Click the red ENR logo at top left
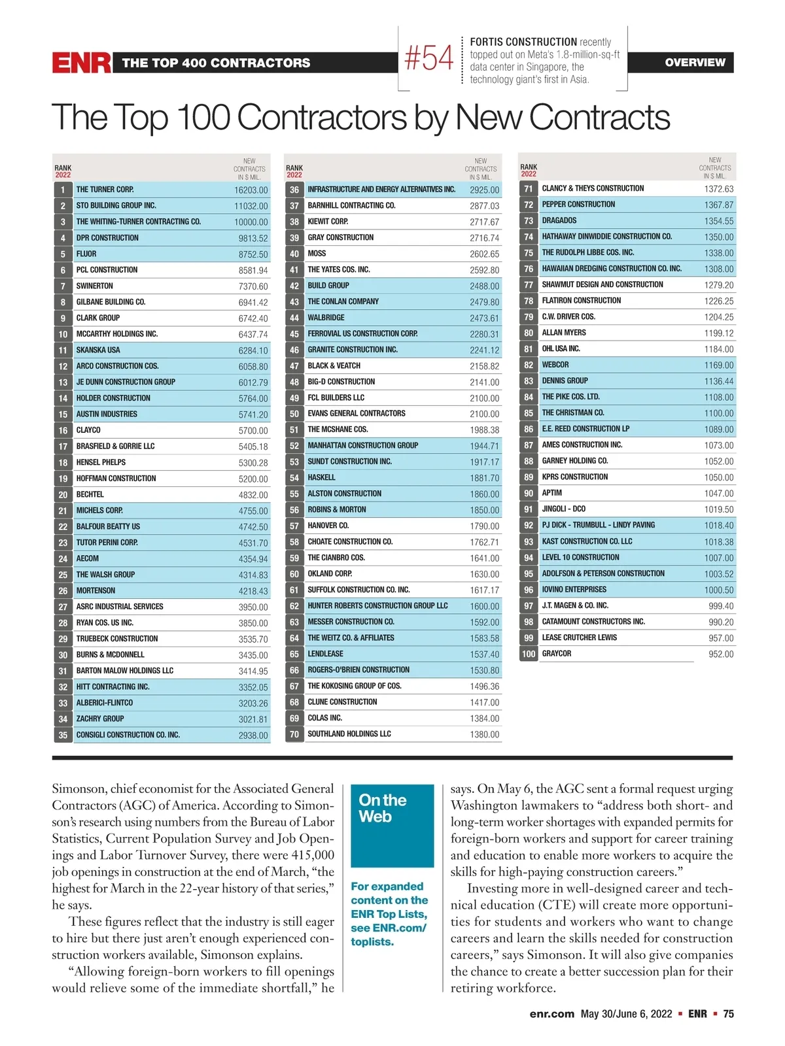click(x=82, y=63)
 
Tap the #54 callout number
click(x=429, y=58)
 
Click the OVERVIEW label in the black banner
click(x=695, y=63)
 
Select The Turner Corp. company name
click(x=105, y=190)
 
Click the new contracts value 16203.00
click(x=251, y=190)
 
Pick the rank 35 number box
click(x=63, y=735)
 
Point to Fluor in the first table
click(x=86, y=254)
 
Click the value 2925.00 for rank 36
click(x=484, y=190)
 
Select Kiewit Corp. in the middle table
click(x=328, y=222)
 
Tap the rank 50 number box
click(x=294, y=414)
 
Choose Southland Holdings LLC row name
click(x=349, y=734)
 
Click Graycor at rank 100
click(x=557, y=654)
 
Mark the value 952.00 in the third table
click(x=721, y=654)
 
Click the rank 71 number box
click(x=529, y=189)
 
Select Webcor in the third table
click(x=555, y=365)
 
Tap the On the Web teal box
click(x=392, y=825)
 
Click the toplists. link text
click(x=372, y=942)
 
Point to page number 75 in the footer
click(x=728, y=1014)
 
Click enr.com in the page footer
click(x=552, y=1014)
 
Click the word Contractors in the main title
click(x=324, y=118)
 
